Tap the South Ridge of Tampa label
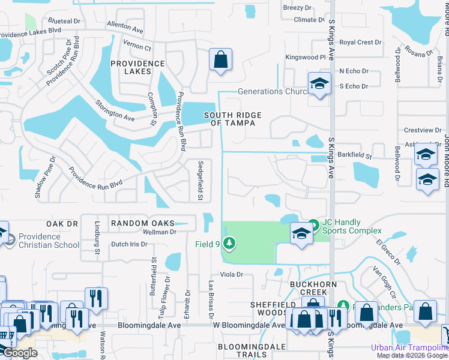(x=229, y=119)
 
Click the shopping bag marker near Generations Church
(x=220, y=59)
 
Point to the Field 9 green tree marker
(x=228, y=243)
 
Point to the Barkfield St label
(x=355, y=156)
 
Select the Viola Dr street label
(x=231, y=275)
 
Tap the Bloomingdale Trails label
(x=250, y=351)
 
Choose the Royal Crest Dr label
(x=361, y=43)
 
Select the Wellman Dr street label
(x=159, y=232)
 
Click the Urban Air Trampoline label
(x=409, y=347)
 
